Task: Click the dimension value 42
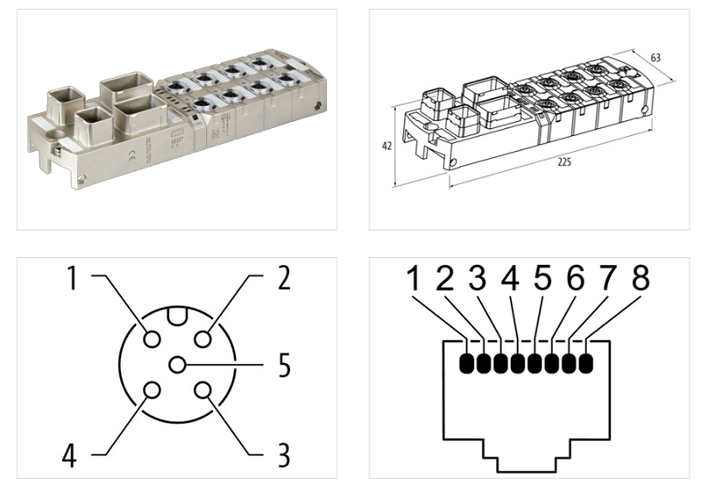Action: pyautogui.click(x=386, y=146)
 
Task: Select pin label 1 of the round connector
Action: pyautogui.click(x=74, y=279)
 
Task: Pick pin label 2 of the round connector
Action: pyautogui.click(x=283, y=279)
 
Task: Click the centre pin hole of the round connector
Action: pyautogui.click(x=179, y=365)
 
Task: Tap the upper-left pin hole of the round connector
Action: pyautogui.click(x=152, y=339)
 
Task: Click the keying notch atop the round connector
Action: pyautogui.click(x=179, y=315)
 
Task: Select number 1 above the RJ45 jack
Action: pyautogui.click(x=413, y=279)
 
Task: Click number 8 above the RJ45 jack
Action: pyautogui.click(x=641, y=279)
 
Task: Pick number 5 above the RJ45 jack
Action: pyautogui.click(x=543, y=279)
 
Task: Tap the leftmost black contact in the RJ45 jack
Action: pyautogui.click(x=468, y=362)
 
